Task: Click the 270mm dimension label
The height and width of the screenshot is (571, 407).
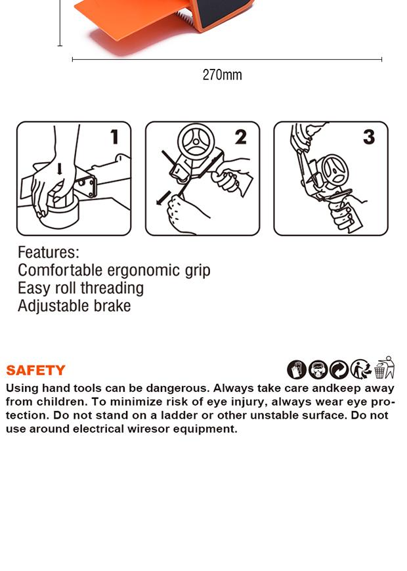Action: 222,75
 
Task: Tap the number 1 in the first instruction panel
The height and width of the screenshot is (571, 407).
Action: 115,137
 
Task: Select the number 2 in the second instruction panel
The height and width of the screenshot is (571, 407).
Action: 240,137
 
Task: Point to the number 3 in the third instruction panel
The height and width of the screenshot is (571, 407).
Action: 369,137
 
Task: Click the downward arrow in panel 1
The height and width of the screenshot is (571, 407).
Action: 60,169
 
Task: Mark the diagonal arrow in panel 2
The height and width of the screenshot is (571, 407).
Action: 163,198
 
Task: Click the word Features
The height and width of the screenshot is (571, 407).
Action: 48,252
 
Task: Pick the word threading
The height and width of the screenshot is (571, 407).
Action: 112,288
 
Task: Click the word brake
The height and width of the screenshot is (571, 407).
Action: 112,306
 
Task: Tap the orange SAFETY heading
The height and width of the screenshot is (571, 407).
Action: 35,370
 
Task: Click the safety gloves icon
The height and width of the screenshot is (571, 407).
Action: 297,370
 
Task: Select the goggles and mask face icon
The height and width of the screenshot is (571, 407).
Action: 318,370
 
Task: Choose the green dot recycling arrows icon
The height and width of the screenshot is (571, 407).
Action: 339,370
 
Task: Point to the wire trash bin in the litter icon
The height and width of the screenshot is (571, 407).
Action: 379,371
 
